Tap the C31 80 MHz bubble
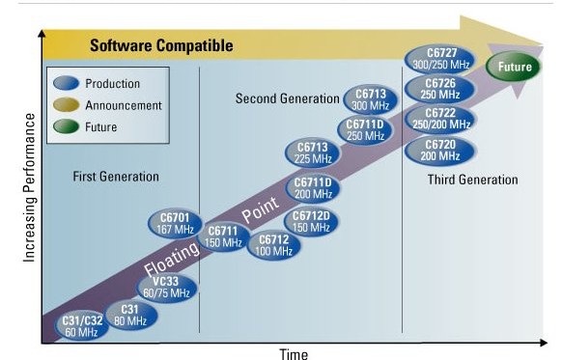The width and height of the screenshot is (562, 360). point(131,316)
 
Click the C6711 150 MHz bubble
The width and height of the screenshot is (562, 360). point(224,236)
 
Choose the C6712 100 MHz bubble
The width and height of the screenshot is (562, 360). point(274,245)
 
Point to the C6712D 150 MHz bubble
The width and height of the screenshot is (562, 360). point(312,221)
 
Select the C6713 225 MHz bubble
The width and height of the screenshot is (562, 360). point(312,152)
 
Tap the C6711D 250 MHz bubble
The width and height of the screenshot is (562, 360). point(366,129)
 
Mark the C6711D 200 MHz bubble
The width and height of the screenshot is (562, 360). point(312,188)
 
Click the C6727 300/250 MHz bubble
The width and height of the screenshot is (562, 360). point(453,57)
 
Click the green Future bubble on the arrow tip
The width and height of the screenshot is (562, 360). point(517,68)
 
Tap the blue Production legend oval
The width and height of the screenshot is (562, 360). point(69,84)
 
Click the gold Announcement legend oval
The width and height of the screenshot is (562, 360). point(69,105)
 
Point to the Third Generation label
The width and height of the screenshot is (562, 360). point(472,180)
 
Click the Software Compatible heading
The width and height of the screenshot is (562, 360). point(161,45)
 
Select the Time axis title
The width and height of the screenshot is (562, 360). point(294,353)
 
